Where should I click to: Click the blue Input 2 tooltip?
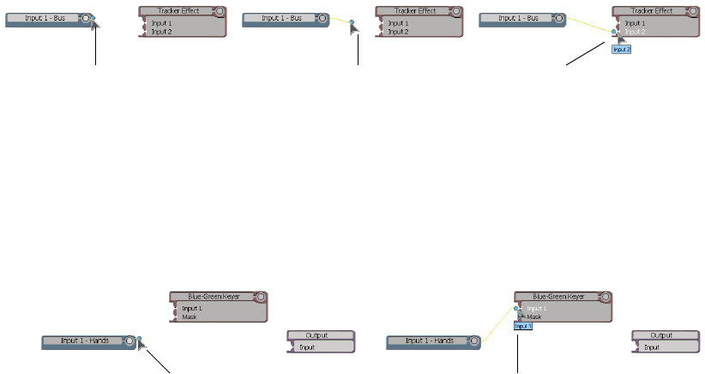tap(622, 50)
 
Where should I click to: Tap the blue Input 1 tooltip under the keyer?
tap(524, 326)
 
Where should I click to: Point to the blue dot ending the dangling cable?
tap(352, 21)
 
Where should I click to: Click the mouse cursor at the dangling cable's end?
tap(354, 27)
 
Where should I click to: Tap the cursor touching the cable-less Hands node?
tap(142, 346)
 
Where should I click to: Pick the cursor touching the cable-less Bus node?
tap(95, 23)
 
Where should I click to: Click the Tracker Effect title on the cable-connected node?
tap(653, 11)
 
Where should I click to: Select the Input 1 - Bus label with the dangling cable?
tap(281, 18)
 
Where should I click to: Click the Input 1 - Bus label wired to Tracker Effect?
tap(518, 18)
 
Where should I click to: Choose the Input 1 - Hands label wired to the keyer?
tap(429, 341)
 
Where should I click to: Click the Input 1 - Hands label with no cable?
tap(85, 341)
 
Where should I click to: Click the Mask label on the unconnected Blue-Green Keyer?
tap(189, 317)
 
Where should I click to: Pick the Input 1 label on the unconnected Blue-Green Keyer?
tap(192, 308)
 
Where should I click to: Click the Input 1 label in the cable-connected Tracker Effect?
tap(636, 23)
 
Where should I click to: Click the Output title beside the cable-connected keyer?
tap(661, 335)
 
